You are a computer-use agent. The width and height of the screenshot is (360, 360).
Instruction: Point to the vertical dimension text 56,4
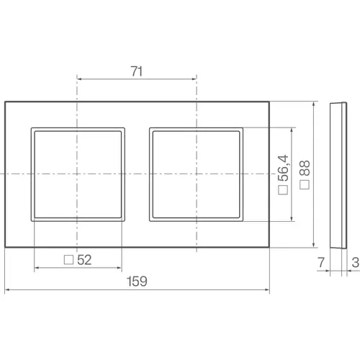284,168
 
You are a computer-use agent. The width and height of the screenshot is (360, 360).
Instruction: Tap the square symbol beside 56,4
283,191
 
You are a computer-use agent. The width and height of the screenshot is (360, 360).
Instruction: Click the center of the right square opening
195,174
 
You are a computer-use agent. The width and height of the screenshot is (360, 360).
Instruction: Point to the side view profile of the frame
336,175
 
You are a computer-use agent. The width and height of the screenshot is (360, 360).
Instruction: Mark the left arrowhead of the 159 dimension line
7,291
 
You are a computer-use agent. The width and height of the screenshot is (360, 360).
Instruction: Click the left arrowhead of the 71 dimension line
78,79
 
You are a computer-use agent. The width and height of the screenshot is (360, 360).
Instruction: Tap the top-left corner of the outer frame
6,102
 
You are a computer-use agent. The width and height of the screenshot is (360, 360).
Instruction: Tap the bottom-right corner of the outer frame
269,246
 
